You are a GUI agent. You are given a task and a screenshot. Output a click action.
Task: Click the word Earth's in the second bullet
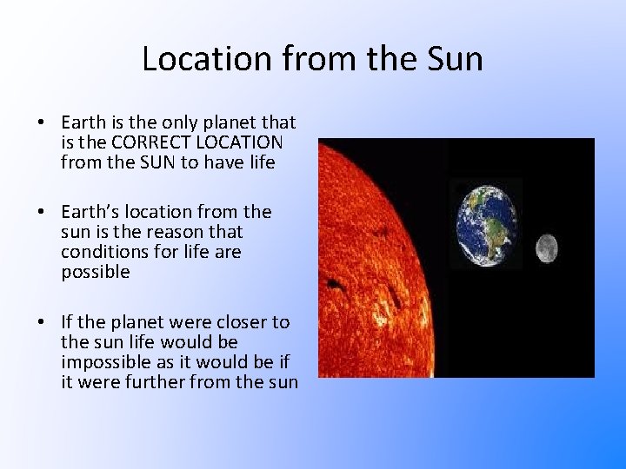(x=92, y=212)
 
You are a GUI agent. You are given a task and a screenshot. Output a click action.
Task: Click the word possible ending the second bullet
(x=96, y=272)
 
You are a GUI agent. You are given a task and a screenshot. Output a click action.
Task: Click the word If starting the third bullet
(x=69, y=321)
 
